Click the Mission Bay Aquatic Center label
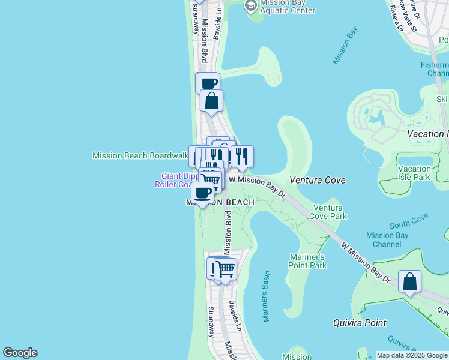point(286,7)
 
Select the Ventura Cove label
point(318,180)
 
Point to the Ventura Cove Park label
point(330,212)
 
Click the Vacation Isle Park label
point(414,173)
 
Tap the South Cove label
point(408,225)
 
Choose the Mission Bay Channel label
point(387,240)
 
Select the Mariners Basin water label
point(266,296)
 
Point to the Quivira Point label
point(360,323)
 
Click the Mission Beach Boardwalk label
point(140,155)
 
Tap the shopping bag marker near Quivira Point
point(409,281)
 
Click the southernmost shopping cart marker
point(225,269)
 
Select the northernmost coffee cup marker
point(208,83)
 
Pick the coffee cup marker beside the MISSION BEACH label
point(202,193)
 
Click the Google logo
point(20,353)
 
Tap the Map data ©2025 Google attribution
point(412,355)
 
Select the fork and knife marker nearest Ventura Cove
point(242,156)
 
